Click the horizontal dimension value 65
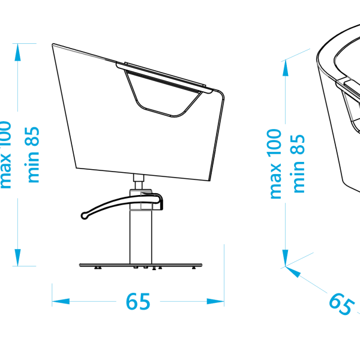click(137, 301)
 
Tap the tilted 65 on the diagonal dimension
click(340, 304)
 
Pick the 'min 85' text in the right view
click(298, 163)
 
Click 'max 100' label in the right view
click(275, 163)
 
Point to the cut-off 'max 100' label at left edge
click(5, 155)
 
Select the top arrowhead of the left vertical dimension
click(17, 52)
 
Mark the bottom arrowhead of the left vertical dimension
click(17, 258)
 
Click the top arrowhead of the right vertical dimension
click(286, 67)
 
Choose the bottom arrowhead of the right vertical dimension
click(286, 259)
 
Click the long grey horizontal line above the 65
click(140, 265)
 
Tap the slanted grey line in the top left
click(78, 52)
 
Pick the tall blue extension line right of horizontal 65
click(224, 273)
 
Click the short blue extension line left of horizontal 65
click(52, 295)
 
